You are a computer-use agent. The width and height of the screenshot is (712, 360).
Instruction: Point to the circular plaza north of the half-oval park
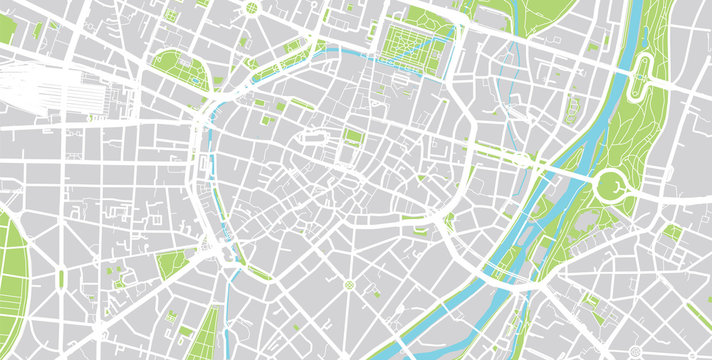[x=251, y=8]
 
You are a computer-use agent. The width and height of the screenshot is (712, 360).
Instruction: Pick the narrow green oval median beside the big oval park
[x=60, y=277]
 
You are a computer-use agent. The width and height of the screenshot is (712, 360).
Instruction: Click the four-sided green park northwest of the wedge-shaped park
[x=171, y=264]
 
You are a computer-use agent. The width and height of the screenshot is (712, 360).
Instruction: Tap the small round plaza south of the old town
[x=349, y=285]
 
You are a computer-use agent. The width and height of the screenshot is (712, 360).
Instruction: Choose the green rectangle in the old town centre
[x=353, y=137]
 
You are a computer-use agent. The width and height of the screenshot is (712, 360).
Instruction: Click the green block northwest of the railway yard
[x=7, y=30]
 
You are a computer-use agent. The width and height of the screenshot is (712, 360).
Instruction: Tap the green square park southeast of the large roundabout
[x=673, y=232]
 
